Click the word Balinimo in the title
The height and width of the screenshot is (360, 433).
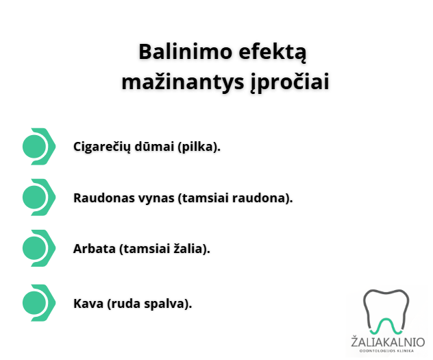(185, 51)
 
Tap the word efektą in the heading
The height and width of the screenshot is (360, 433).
(272, 53)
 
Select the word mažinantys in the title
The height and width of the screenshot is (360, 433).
(183, 82)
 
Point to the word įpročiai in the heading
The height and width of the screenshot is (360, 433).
(290, 82)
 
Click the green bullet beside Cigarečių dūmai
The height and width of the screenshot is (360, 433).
(39, 147)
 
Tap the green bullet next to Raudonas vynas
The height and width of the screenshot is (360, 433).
(39, 197)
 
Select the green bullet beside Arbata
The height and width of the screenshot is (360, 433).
(39, 248)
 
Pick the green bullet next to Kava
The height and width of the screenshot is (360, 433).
(39, 303)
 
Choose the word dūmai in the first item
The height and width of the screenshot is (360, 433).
(154, 147)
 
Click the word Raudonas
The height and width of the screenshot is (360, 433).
(104, 197)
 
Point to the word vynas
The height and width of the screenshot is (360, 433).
(156, 198)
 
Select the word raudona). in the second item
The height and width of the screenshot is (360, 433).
(262, 198)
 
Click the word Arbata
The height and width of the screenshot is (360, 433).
(95, 249)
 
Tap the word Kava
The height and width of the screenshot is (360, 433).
(88, 303)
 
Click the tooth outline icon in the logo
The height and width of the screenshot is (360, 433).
(386, 311)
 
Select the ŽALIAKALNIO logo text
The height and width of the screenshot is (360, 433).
(387, 341)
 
